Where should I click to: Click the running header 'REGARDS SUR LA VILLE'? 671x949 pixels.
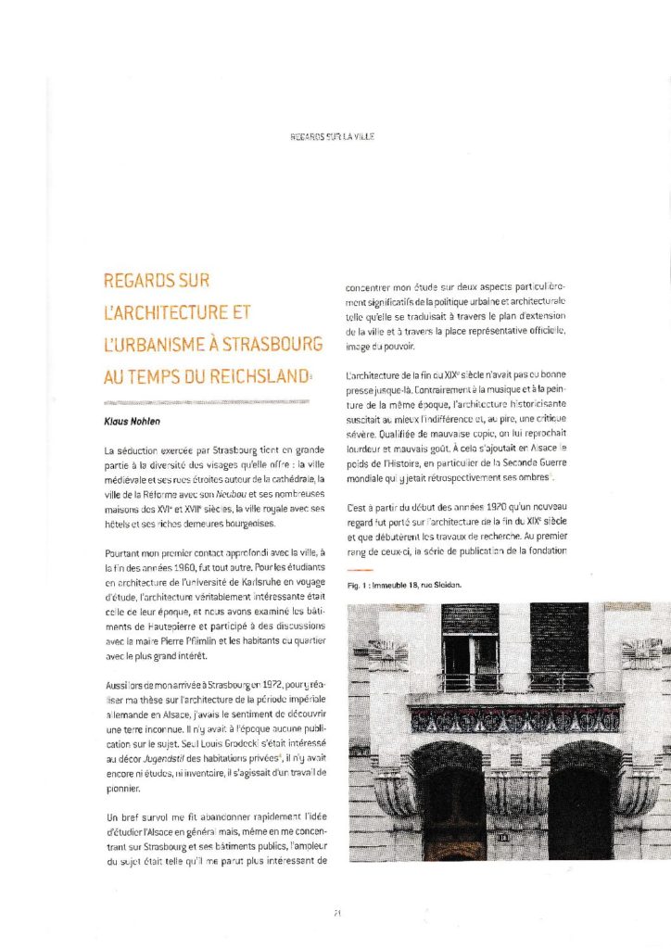335,136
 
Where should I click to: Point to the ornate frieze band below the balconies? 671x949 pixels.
515,718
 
